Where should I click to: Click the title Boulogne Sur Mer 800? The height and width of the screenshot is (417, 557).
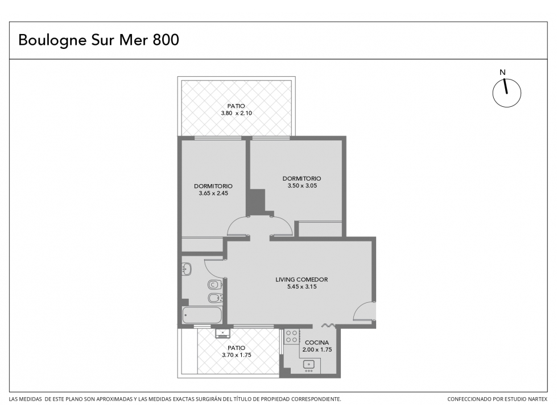[98, 40]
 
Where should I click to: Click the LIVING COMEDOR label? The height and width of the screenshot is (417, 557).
[302, 280]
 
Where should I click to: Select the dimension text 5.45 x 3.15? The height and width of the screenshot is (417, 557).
[302, 286]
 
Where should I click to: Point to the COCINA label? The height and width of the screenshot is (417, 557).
[317, 343]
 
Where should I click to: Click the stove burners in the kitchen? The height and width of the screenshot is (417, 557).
[292, 336]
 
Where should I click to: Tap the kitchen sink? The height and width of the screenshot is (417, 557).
[308, 365]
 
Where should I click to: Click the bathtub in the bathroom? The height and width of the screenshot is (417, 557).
[202, 315]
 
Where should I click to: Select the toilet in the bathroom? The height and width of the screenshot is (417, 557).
[215, 285]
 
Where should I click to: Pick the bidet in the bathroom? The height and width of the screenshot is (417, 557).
[215, 298]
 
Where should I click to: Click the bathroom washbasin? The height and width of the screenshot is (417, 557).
[187, 269]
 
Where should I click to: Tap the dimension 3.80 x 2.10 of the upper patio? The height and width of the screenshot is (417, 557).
[236, 113]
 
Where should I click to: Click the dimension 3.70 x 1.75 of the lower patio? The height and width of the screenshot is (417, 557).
[237, 355]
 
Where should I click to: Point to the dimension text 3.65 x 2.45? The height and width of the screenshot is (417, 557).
[213, 193]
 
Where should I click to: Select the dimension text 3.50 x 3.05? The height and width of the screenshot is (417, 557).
[302, 185]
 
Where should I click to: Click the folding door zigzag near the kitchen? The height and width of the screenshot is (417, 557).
[329, 325]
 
